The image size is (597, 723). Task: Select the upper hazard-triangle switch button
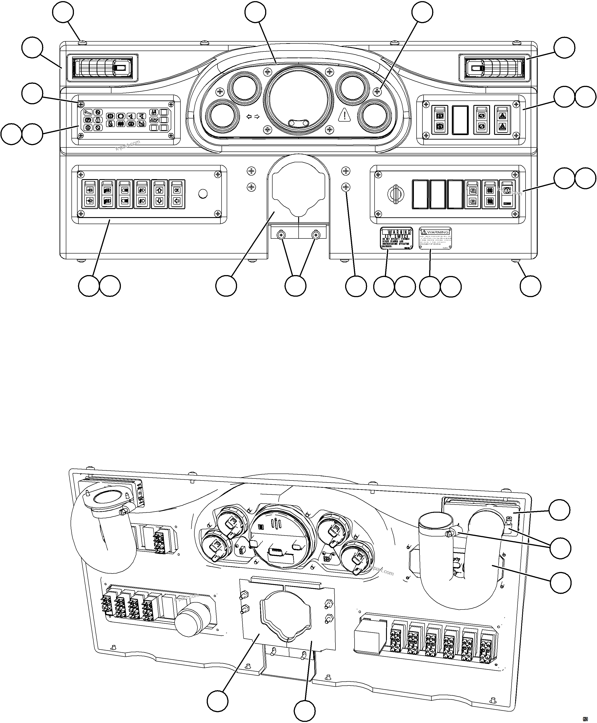(x=502, y=116)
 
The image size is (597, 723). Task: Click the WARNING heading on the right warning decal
(x=438, y=232)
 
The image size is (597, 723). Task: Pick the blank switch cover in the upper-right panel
(x=460, y=120)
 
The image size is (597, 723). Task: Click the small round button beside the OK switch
(x=203, y=194)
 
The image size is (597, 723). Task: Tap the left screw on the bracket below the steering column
(x=282, y=235)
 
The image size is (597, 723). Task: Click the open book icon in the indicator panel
(x=153, y=120)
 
